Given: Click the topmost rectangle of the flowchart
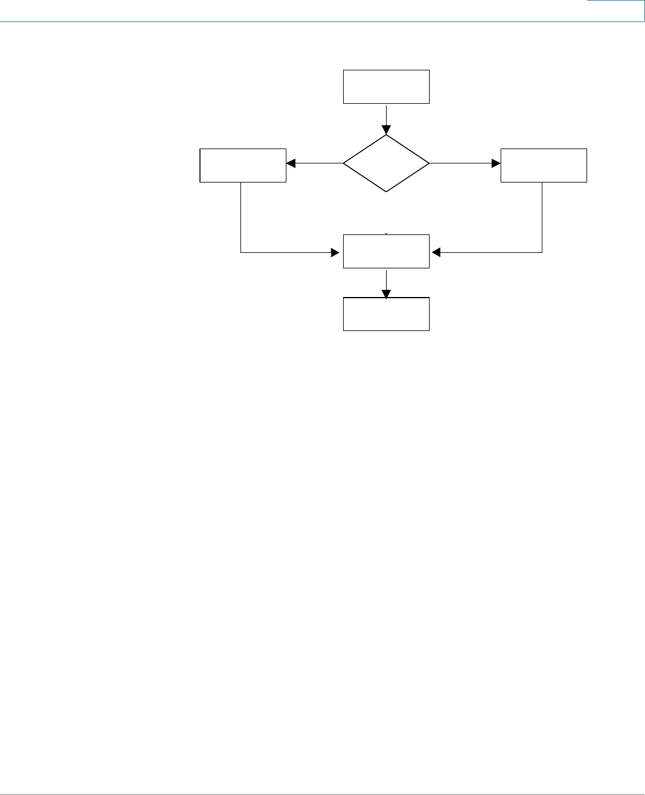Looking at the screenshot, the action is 386,86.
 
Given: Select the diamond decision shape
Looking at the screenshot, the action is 386,163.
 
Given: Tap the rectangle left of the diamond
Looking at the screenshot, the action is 243,165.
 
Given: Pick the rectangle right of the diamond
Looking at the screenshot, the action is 544,165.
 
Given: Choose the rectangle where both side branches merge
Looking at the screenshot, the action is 386,251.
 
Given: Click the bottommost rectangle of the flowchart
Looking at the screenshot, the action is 386,314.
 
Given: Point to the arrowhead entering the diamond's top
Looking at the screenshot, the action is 386,130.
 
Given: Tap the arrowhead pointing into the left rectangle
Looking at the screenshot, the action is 291,163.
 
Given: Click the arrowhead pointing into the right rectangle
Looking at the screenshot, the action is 496,163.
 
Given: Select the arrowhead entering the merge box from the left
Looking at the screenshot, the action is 335,252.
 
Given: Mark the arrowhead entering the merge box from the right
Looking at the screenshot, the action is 436,252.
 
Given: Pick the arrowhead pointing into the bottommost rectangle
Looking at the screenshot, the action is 386,293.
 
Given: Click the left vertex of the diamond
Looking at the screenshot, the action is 344,163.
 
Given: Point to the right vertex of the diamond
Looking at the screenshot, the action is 429,163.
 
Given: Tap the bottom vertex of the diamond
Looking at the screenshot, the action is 386,191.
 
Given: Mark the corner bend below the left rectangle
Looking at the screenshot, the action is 240,252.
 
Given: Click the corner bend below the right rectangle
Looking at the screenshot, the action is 542,252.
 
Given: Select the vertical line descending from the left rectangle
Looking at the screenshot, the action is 240,217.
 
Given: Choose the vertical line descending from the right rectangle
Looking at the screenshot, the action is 542,217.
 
